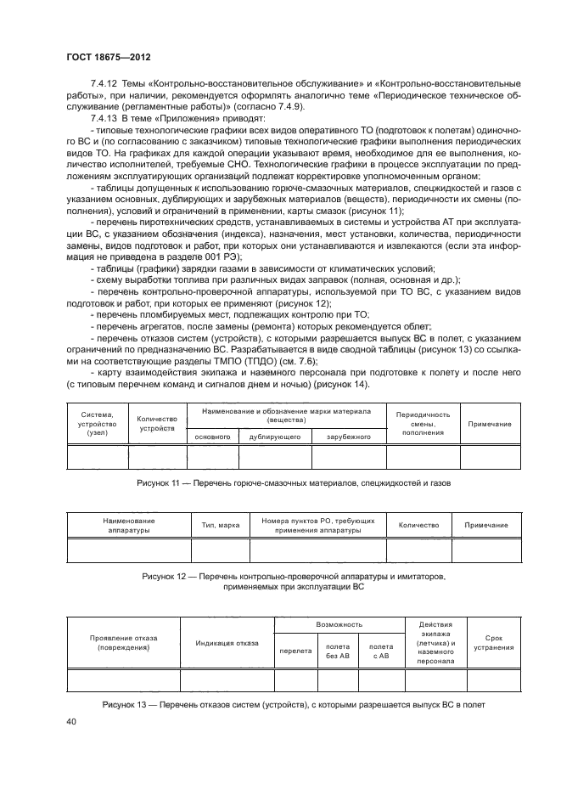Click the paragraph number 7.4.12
(105, 86)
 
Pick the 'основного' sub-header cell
(213, 436)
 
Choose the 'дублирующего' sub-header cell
(275, 436)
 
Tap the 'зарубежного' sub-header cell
(349, 436)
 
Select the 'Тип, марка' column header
(221, 526)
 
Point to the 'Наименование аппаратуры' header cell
(129, 526)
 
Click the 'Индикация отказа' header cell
(227, 643)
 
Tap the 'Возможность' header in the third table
(339, 624)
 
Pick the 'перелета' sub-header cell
(295, 651)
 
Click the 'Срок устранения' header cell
(493, 643)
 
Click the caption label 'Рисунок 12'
(164, 576)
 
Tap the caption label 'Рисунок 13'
(126, 704)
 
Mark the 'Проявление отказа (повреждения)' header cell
(124, 643)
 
